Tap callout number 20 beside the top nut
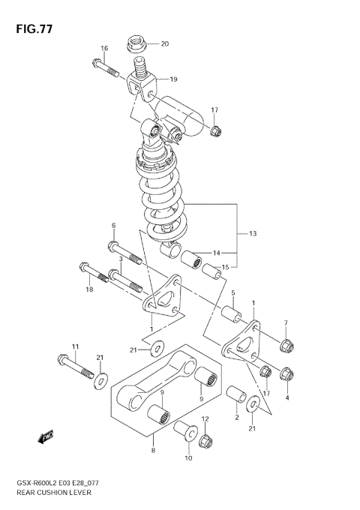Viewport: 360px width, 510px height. [165, 43]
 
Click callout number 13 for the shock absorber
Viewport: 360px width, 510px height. [253, 234]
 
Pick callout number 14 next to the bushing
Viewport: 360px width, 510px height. [216, 253]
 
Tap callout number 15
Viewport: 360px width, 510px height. [225, 268]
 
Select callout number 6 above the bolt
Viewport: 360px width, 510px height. [113, 225]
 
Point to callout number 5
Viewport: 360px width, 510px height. [232, 293]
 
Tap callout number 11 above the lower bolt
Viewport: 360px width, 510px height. [75, 346]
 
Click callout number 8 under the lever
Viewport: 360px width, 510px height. [153, 450]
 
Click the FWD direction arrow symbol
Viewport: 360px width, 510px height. [46, 436]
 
